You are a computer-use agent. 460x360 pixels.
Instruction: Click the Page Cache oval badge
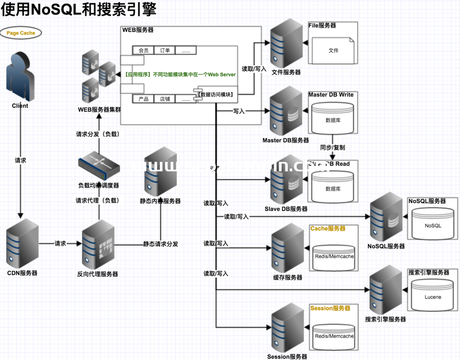tap(21, 33)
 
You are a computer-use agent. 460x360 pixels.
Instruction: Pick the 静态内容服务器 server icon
tap(160, 172)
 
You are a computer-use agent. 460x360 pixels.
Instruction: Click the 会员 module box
tap(143, 50)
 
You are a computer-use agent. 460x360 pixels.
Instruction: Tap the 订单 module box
tap(165, 50)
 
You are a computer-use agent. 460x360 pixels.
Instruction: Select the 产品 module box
tap(143, 99)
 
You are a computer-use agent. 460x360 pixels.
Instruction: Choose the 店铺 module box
tap(165, 99)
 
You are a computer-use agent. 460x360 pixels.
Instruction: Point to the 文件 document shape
tap(333, 50)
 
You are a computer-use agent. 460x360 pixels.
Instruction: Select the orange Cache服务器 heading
tap(328, 229)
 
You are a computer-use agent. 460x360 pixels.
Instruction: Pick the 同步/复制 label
tap(332, 147)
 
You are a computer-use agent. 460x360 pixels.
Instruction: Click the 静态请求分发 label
tap(161, 244)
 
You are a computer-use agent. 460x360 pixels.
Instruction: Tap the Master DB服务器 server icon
tap(285, 112)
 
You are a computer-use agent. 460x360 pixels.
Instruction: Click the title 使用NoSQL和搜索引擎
tap(78, 9)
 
